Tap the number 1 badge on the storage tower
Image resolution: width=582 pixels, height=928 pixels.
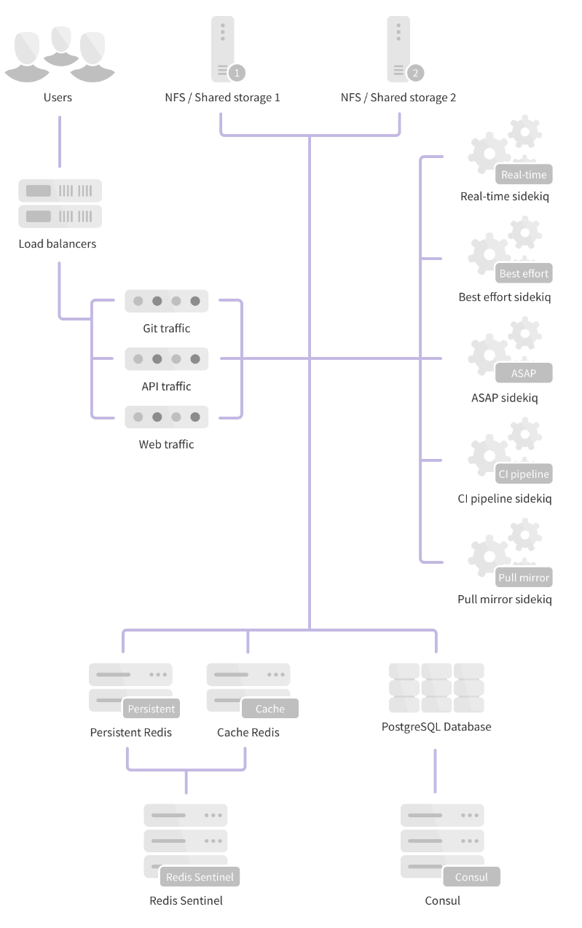coord(236,72)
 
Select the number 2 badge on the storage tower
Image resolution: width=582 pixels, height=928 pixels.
coord(414,72)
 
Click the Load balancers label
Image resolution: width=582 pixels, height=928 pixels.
coord(58,244)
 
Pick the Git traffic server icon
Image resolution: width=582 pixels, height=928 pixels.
coord(166,301)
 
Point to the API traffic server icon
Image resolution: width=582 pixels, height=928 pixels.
coord(166,358)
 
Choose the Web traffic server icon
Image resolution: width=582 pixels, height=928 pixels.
coord(166,417)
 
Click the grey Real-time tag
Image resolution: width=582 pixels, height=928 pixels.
coord(523,175)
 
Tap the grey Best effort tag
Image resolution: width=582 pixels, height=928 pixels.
coord(524,274)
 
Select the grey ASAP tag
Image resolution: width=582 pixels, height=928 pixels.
coord(523,374)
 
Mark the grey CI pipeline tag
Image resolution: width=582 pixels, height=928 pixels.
coord(523,474)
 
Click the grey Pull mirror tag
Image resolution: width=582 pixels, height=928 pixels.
coord(523,578)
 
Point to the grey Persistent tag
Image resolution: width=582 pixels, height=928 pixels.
coord(151,709)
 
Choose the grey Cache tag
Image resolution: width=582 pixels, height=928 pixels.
coord(270,709)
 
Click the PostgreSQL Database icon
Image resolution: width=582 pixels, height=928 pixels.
coord(436,688)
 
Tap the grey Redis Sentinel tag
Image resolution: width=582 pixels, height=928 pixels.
coord(200,877)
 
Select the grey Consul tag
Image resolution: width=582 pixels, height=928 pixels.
coord(471,877)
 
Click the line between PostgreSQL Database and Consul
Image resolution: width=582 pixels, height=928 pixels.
coord(436,771)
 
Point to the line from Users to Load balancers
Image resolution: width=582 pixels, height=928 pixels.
coord(59,141)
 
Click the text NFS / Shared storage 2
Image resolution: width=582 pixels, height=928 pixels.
coord(398,98)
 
